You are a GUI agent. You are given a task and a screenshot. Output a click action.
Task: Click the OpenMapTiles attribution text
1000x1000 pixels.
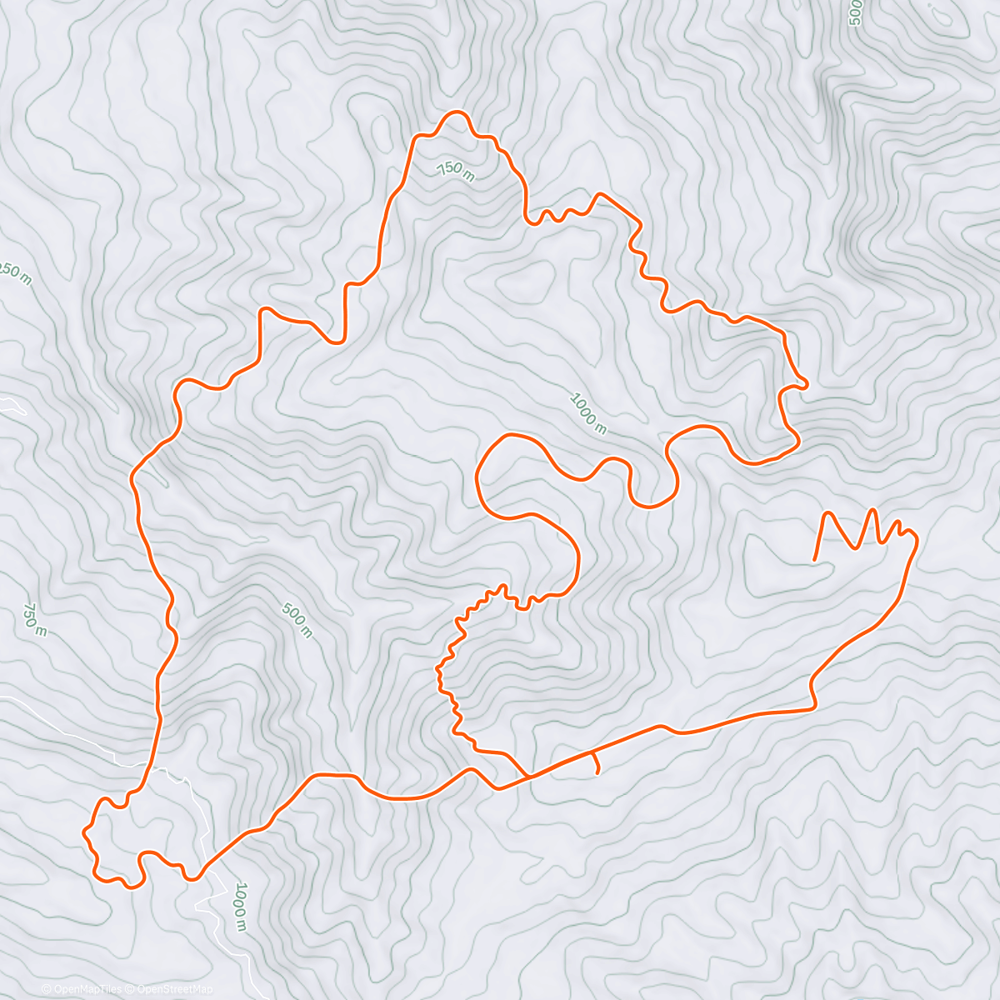point(87,989)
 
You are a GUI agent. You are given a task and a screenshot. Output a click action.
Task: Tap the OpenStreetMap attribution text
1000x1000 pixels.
point(175,989)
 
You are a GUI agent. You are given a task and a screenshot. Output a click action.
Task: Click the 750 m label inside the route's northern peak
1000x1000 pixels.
point(455,171)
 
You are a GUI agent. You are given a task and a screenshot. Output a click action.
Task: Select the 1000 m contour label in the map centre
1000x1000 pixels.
point(587,413)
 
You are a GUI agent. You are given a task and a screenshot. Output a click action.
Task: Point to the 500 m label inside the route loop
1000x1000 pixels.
point(297,621)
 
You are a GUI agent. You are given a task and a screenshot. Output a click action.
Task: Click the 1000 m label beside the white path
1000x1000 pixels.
point(239,906)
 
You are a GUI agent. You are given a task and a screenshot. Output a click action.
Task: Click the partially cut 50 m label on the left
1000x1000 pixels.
point(15,274)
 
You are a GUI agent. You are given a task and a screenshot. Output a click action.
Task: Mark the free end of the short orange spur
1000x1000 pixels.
point(598,773)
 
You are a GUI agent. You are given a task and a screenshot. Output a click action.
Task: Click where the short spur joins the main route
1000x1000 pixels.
point(592,753)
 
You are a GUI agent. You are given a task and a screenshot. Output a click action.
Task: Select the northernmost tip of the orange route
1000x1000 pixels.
point(455,112)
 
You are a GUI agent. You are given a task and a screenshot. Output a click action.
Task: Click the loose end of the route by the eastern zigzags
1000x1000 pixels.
point(814,559)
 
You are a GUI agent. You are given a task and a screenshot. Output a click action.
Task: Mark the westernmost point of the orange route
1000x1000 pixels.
point(83,832)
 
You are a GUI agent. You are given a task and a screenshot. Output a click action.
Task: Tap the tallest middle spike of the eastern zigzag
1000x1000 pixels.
point(872,510)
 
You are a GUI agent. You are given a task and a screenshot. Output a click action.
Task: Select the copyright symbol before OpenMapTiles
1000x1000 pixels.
point(47,989)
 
